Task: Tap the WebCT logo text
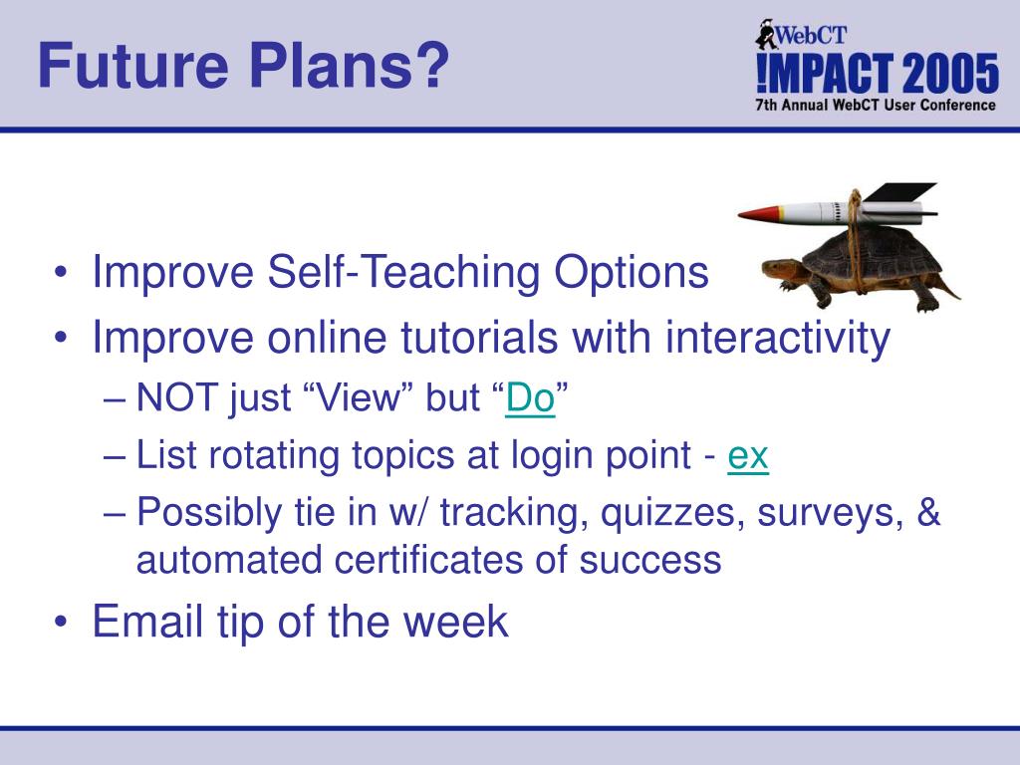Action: coord(811,35)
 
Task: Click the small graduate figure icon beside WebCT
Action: coord(766,34)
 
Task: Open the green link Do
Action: coord(530,397)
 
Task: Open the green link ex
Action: coord(748,455)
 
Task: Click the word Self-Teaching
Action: coord(404,271)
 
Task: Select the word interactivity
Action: coord(777,338)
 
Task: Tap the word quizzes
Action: coord(672,513)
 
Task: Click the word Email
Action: coord(147,621)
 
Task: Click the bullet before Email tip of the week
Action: coord(61,622)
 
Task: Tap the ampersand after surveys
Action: coord(929,511)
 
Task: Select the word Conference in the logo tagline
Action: coord(957,105)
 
